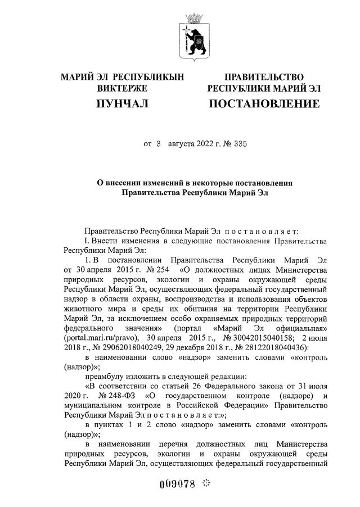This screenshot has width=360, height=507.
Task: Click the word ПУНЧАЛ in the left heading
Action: pyautogui.click(x=123, y=104)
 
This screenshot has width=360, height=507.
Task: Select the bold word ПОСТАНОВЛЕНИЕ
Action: pyautogui.click(x=264, y=104)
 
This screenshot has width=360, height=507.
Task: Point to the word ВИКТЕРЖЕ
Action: pyautogui.click(x=123, y=88)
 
